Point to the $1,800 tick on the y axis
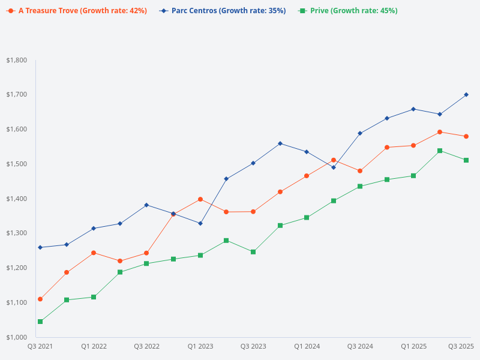pyautogui.click(x=16, y=60)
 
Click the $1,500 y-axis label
pyautogui.click(x=16, y=164)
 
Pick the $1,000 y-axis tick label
pyautogui.click(x=16, y=337)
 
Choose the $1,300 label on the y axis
pyautogui.click(x=16, y=233)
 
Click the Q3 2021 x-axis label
pyautogui.click(x=40, y=346)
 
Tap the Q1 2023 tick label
pyautogui.click(x=200, y=346)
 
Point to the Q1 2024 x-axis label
pyautogui.click(x=307, y=346)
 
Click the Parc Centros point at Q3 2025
pyautogui.click(x=466, y=95)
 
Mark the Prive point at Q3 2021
pyautogui.click(x=40, y=322)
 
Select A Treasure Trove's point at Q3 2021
pyautogui.click(x=40, y=299)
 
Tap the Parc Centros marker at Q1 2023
pyautogui.click(x=200, y=223)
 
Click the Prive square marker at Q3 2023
pyautogui.click(x=253, y=252)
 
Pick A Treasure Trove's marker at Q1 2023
pyautogui.click(x=200, y=199)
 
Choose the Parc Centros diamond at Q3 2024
pyautogui.click(x=360, y=133)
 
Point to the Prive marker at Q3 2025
pyautogui.click(x=466, y=160)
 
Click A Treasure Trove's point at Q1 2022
pyautogui.click(x=94, y=253)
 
